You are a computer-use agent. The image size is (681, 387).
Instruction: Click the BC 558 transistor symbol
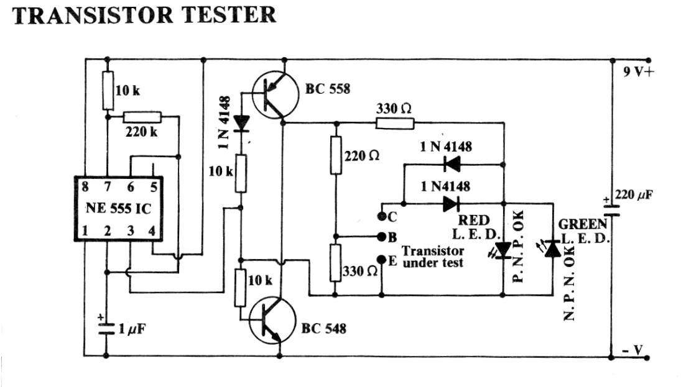point(276,95)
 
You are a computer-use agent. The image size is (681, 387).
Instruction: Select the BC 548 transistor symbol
point(272,321)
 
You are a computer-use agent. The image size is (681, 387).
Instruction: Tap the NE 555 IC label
point(118,208)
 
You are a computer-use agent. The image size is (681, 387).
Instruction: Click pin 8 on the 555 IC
point(84,185)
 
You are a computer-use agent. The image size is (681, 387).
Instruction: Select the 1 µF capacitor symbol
point(106,326)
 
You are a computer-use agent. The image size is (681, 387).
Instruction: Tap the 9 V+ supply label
point(639,71)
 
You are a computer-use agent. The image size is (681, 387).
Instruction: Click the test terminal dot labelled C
point(381,217)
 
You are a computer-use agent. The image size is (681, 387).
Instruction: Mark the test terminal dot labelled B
point(381,237)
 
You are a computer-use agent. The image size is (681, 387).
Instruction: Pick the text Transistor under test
point(433,257)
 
